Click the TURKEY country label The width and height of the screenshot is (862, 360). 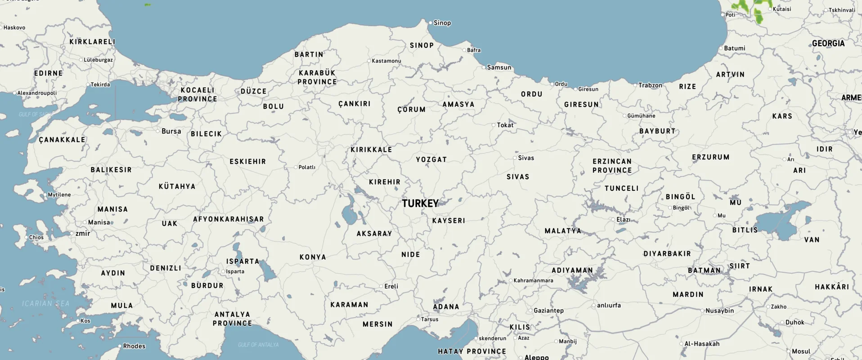click(x=420, y=203)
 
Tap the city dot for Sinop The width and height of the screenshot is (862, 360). click(x=430, y=22)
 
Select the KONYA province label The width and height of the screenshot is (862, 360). click(x=313, y=257)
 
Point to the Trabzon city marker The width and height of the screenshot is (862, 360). click(x=635, y=85)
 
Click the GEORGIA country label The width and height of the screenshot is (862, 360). click(x=828, y=44)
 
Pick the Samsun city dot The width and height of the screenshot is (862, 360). click(x=484, y=67)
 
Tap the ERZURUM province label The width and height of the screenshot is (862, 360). click(x=710, y=157)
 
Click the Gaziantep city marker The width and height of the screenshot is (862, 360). click(x=530, y=310)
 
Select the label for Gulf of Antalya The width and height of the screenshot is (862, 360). click(x=258, y=345)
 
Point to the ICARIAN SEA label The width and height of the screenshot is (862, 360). click(x=46, y=304)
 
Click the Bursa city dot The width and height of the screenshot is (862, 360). click(x=158, y=131)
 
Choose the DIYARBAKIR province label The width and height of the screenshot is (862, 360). click(x=667, y=254)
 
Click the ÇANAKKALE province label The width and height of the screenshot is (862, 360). click(x=62, y=140)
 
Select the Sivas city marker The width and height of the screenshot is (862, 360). click(x=515, y=158)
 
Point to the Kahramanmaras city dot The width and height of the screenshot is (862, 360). click(x=511, y=280)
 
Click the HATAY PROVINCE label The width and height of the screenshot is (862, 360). click(x=472, y=351)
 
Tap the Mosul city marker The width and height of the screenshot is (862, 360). click(x=788, y=351)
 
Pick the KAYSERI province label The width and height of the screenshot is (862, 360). click(x=449, y=221)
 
